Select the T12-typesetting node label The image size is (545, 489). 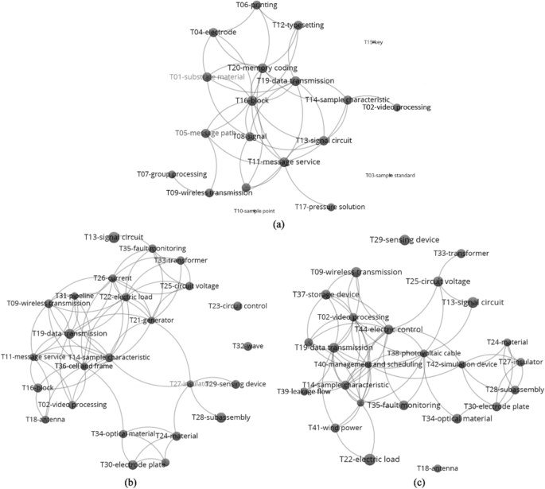point(298,25)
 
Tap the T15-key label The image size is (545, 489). point(373,42)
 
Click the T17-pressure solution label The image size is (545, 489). point(329,207)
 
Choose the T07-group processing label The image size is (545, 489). point(172,173)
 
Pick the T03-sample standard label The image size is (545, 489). point(389,175)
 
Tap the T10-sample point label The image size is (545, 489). point(254,211)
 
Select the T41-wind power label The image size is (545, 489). point(335,428)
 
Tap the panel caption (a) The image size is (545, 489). point(278,226)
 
